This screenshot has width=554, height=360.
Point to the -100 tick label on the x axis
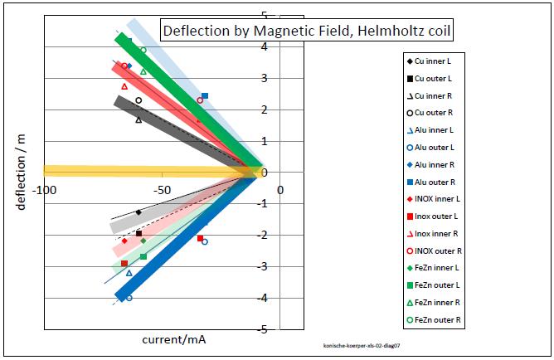point(45,190)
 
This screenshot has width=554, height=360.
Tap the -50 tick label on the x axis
point(163,190)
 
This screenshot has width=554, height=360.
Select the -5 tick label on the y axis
point(262,329)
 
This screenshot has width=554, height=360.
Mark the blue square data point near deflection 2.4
point(205,96)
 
